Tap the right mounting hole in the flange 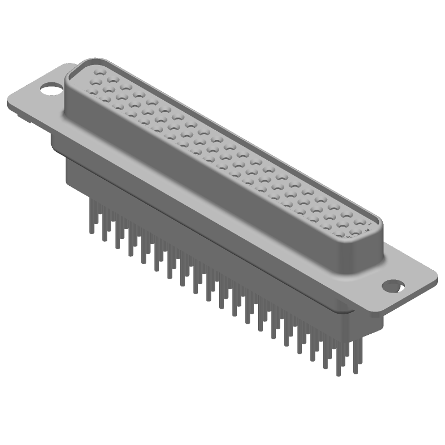coord(394,285)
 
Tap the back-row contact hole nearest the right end coord(368,225)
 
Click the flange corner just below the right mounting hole coord(384,311)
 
